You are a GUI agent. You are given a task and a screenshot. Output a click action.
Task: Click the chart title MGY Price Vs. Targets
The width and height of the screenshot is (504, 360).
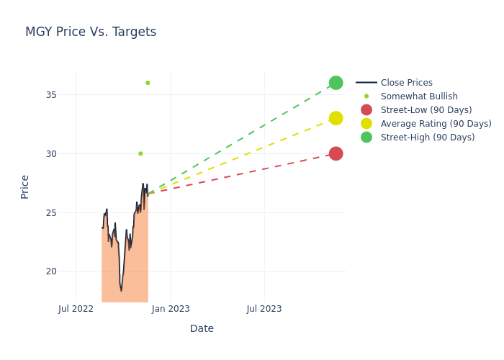91,32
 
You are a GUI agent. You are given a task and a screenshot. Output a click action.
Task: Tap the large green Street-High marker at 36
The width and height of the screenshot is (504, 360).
336,83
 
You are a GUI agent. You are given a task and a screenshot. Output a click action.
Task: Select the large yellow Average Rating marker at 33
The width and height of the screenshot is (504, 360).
336,118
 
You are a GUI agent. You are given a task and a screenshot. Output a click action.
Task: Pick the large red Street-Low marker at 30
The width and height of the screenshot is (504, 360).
336,153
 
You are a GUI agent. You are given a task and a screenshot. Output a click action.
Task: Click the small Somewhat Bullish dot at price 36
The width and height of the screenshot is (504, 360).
148,83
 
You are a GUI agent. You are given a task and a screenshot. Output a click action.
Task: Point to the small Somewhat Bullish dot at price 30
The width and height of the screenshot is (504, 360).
140,153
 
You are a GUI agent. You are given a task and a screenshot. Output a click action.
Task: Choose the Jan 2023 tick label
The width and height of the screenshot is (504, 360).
171,309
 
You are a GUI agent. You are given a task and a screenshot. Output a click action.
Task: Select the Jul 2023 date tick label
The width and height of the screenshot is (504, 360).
264,309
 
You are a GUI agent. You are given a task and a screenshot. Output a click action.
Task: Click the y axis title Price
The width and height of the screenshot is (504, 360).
25,186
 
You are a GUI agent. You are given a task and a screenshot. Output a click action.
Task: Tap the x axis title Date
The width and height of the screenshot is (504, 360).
202,329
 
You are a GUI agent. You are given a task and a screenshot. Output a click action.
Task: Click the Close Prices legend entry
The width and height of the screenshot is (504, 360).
406,83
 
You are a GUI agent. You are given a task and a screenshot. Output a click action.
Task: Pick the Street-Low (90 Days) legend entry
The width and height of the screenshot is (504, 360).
426,110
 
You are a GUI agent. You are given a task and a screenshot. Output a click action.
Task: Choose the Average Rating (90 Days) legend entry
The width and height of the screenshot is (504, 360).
436,124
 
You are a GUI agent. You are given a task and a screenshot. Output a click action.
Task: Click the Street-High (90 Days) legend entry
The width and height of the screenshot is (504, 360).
428,138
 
